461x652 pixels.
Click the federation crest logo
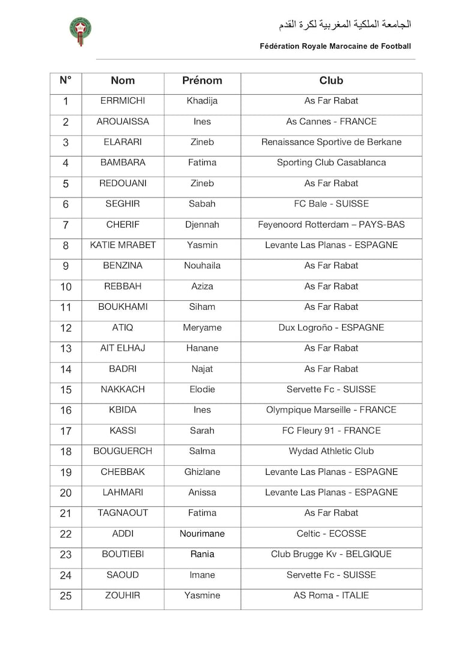(80, 31)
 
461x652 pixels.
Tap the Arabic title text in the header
(345, 25)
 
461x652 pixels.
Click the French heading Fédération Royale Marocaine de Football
(336, 46)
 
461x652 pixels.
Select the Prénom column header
(202, 80)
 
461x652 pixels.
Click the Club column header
(331, 80)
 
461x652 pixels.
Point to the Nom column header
(123, 80)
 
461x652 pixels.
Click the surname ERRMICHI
(123, 101)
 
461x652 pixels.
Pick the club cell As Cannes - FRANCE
(331, 121)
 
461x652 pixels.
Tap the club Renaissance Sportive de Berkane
(331, 142)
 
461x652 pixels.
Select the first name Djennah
(202, 225)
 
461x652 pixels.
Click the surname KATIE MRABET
(123, 245)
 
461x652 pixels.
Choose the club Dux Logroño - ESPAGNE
(331, 328)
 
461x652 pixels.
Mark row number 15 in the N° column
(66, 390)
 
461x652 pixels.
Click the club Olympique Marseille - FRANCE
(331, 410)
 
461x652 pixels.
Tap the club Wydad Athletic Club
(331, 451)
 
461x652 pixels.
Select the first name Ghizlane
(202, 472)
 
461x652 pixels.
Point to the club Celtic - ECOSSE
(331, 534)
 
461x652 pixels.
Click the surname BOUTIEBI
(123, 554)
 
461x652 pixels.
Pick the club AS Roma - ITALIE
(331, 596)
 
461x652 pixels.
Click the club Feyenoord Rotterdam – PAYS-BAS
(331, 225)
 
